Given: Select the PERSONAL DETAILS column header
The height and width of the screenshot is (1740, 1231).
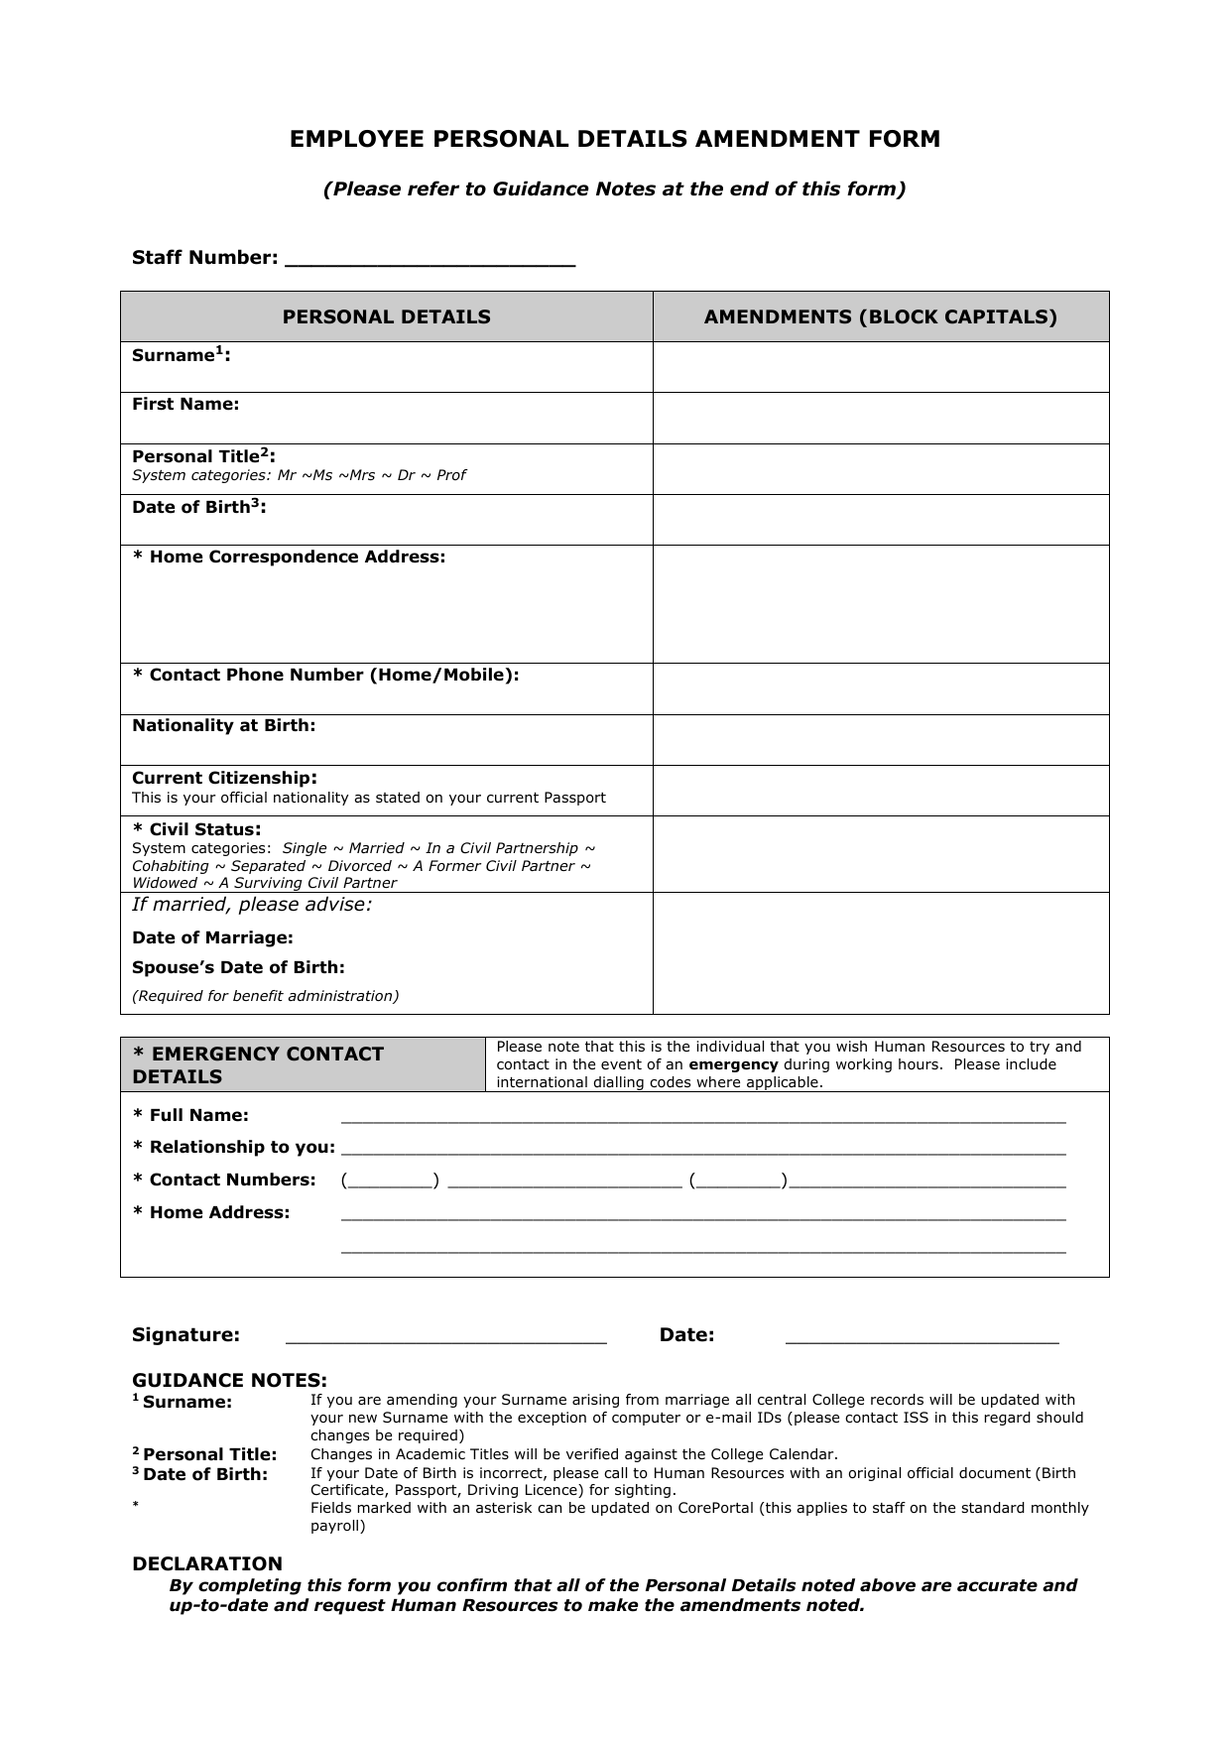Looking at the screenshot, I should point(386,316).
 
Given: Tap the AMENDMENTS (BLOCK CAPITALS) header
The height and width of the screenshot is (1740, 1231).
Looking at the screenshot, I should point(880,316).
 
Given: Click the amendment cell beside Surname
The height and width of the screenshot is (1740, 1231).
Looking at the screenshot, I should point(880,367).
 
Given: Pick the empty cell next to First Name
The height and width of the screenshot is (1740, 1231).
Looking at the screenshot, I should point(880,418).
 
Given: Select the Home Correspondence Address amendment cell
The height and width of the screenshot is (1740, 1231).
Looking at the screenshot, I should point(880,603).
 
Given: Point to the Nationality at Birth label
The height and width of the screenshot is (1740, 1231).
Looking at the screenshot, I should point(223,725).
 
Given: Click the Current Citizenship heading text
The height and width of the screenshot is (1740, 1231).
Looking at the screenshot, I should point(224,778).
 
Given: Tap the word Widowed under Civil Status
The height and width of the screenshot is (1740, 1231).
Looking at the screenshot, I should point(165,883).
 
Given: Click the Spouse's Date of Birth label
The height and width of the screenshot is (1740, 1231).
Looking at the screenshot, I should point(238,967).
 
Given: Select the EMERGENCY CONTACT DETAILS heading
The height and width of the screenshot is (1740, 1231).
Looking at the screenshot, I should point(258,1064).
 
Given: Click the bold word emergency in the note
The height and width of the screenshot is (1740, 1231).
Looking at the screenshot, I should point(733,1064).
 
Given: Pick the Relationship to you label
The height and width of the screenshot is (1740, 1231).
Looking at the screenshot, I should point(234,1147).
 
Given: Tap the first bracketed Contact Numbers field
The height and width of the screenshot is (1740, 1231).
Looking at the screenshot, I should point(390,1181).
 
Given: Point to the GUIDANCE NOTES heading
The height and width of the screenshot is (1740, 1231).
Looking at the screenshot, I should point(229,1380).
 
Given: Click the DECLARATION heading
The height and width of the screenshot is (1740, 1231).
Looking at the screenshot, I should point(207,1563).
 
